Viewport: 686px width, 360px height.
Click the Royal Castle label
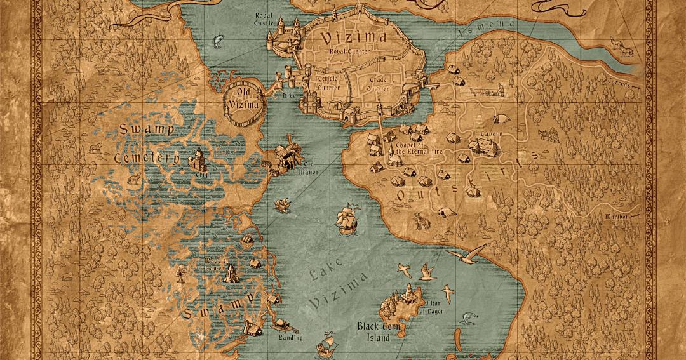pyautogui.click(x=264, y=18)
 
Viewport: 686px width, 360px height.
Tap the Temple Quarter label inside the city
pyautogui.click(x=330, y=82)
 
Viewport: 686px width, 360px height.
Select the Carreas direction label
pyautogui.click(x=617, y=83)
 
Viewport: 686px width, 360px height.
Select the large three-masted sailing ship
pyautogui.click(x=346, y=220)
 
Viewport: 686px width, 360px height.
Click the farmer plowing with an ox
pyautogui.click(x=549, y=135)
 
